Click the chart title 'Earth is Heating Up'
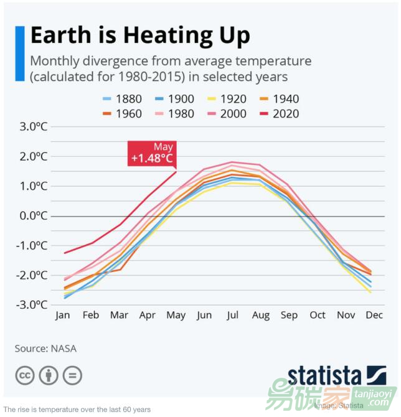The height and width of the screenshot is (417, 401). click(140, 35)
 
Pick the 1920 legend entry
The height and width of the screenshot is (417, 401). click(226, 99)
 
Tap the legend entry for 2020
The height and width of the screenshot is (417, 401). click(278, 114)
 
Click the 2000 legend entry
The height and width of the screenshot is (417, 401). click(226, 114)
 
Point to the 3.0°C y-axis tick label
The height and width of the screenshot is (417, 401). click(34, 126)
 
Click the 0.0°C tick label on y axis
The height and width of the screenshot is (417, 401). click(34, 215)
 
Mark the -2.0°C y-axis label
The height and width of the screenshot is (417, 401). click(32, 275)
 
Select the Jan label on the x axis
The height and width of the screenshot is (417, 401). click(63, 315)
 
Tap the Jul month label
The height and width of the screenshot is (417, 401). click(232, 315)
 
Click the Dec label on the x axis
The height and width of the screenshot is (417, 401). click(374, 315)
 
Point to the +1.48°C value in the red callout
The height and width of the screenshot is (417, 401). click(152, 159)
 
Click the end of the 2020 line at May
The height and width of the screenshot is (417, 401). click(176, 171)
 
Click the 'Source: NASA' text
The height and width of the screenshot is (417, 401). click(45, 349)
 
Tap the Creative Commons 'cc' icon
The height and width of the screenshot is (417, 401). click(25, 375)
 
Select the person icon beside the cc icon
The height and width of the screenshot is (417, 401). click(49, 375)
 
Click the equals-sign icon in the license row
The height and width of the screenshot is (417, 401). click(72, 375)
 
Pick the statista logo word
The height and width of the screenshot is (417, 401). click(324, 376)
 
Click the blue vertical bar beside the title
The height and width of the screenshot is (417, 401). click(19, 54)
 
